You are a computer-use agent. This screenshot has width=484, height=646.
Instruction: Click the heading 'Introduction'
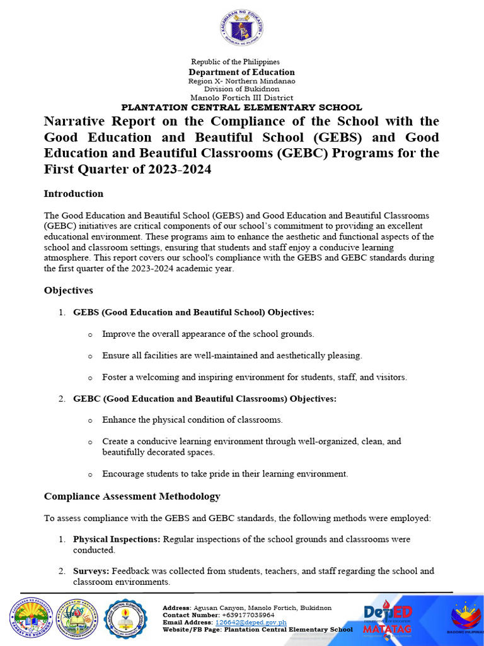point(73,194)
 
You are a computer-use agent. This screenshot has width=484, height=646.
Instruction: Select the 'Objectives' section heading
point(68,290)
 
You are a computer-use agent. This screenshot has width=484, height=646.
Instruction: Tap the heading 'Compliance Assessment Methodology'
point(132,496)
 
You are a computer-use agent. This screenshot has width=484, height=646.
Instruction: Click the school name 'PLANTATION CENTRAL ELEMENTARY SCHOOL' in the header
point(241,107)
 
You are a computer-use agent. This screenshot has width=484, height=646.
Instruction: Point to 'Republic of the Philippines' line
point(235,61)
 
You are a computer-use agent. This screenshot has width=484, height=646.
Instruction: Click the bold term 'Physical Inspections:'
point(117,539)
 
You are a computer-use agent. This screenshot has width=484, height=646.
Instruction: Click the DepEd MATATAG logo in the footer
point(388,618)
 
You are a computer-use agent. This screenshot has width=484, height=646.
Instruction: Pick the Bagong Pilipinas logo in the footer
point(467,618)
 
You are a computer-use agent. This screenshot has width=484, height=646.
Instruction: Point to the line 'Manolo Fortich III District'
point(241,98)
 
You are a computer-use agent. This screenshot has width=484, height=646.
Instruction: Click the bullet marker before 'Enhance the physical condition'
point(90,420)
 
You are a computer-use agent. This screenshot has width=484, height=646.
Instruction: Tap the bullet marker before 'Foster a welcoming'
point(90,378)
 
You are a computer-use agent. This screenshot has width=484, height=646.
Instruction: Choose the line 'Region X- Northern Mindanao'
point(241,81)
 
